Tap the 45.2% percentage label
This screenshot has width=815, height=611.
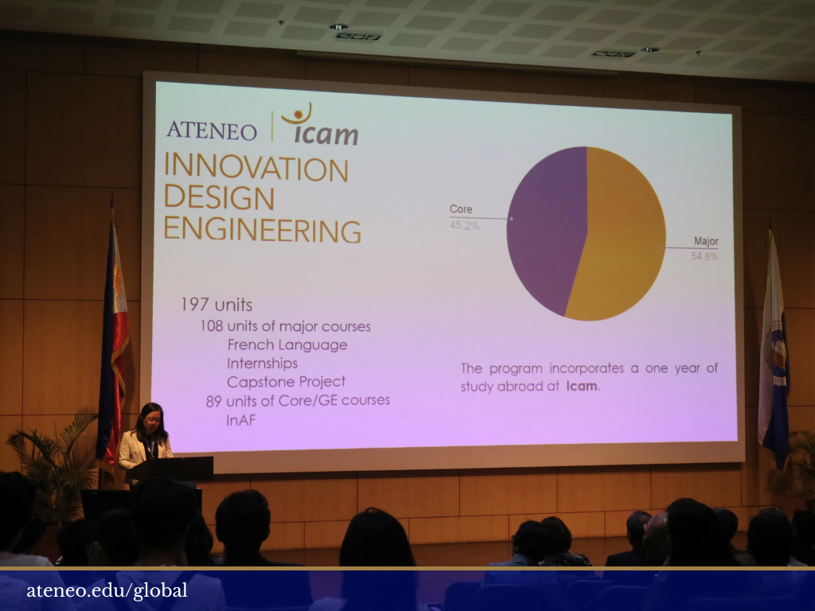tap(464, 225)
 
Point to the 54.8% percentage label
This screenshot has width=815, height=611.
tap(704, 256)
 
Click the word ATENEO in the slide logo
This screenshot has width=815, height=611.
tap(212, 130)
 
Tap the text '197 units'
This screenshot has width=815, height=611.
tap(216, 305)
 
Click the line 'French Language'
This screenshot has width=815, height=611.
tap(287, 345)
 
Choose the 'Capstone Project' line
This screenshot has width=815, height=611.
tap(287, 382)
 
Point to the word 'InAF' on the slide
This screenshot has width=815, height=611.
tap(241, 420)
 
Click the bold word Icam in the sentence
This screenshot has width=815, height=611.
tap(582, 386)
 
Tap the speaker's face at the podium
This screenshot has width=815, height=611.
tap(152, 420)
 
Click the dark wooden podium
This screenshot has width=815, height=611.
tap(170, 469)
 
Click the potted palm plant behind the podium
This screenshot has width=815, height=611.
tap(55, 462)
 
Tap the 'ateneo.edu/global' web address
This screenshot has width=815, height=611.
tap(107, 591)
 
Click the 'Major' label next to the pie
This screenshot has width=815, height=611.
tap(706, 241)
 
